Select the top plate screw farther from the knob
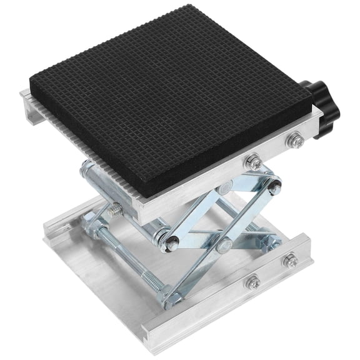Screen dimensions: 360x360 tap(252, 162)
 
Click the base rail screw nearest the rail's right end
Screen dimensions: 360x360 tap(289, 259)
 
